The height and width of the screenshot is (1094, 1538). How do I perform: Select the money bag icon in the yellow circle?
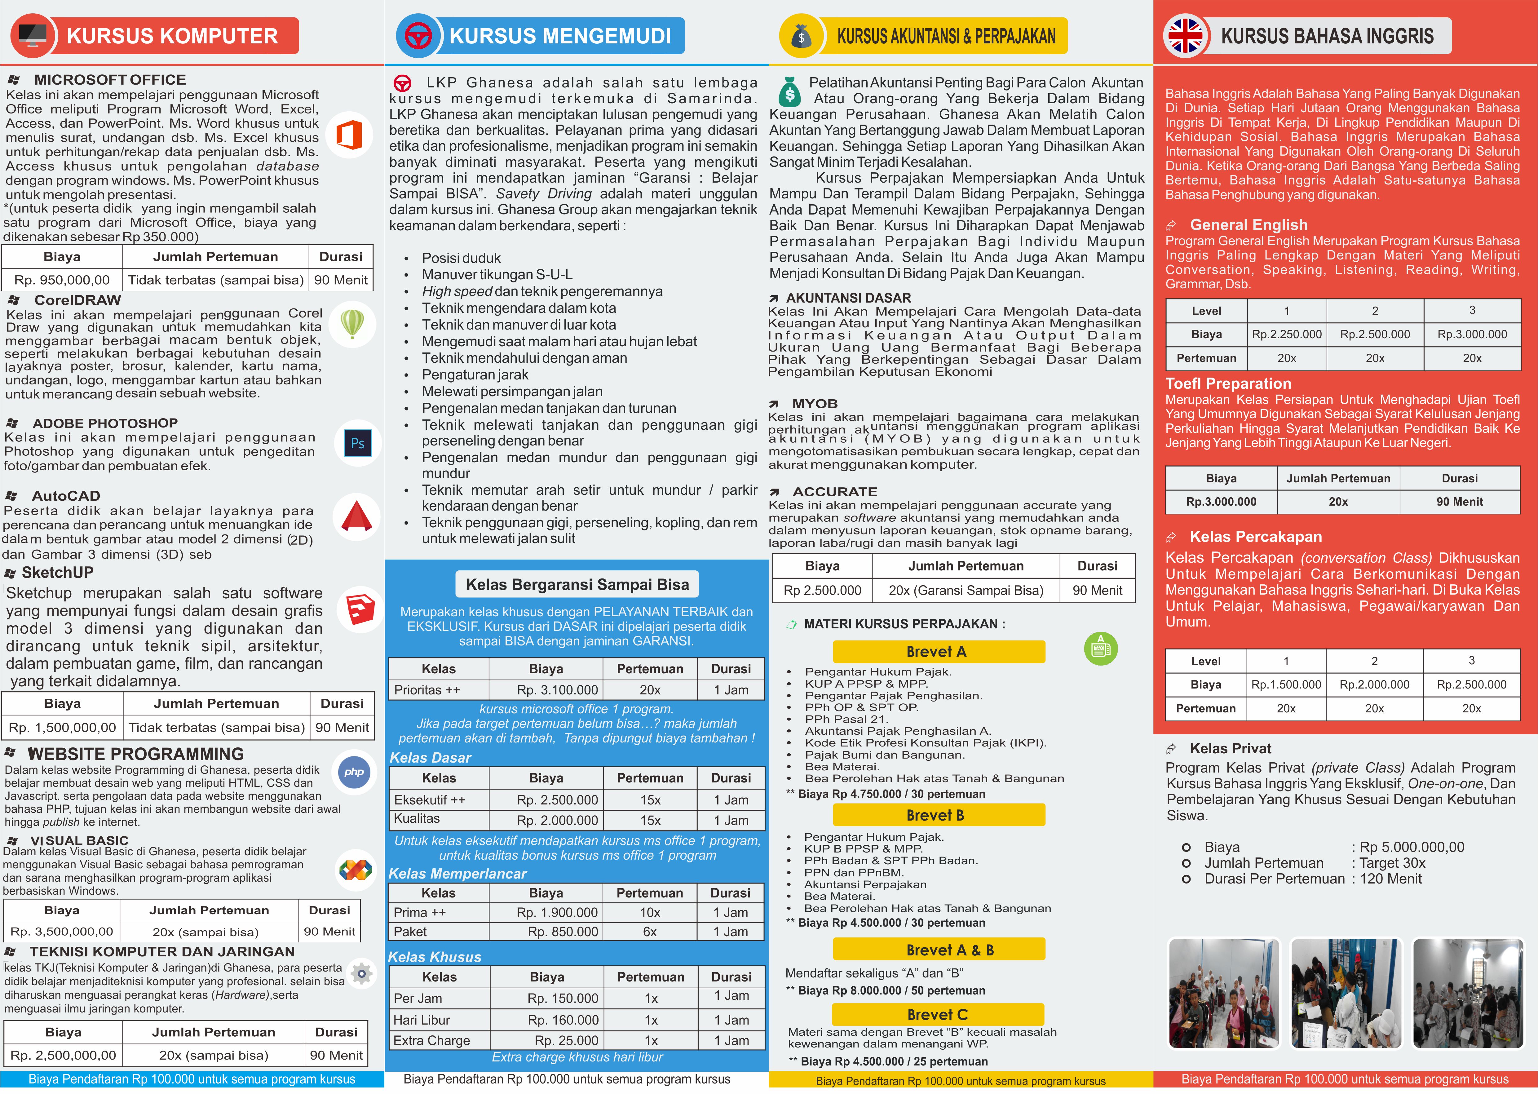[x=801, y=36]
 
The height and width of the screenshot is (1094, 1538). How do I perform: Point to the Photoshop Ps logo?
[x=358, y=443]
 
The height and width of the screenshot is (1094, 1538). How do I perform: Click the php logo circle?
[x=354, y=772]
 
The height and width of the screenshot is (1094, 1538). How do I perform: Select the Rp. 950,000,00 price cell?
[x=62, y=280]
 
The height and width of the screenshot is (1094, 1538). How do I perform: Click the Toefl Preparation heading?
[x=1228, y=383]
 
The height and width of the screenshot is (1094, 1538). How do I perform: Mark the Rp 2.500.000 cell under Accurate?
[x=822, y=590]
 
